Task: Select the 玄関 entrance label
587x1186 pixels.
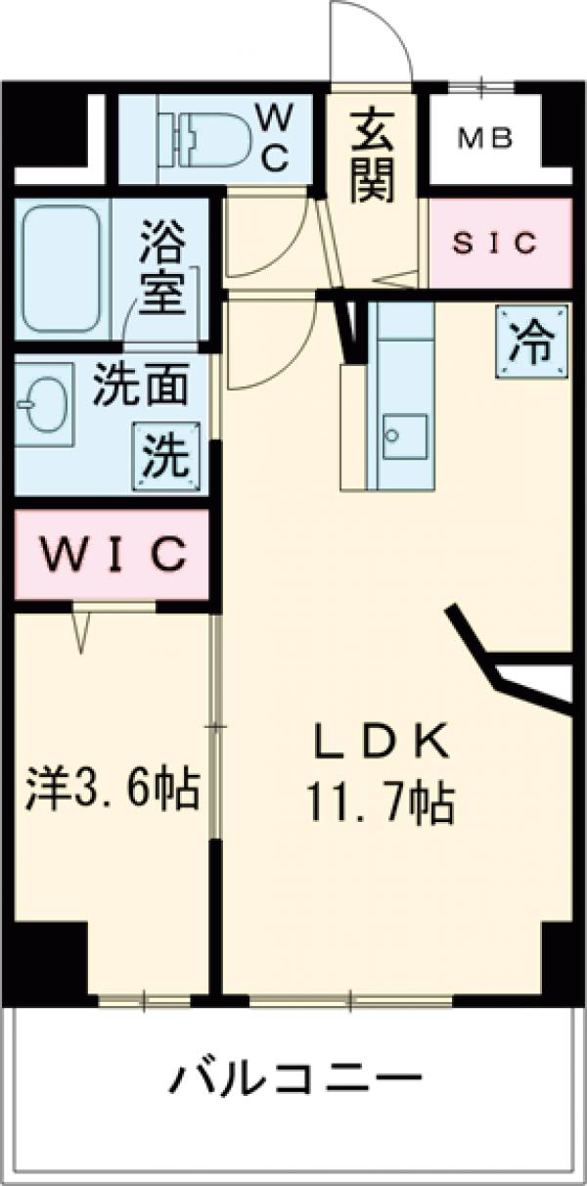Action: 373,158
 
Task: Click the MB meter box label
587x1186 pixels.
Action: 486,140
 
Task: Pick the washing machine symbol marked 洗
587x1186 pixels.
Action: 166,457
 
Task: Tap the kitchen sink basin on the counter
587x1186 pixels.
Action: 403,436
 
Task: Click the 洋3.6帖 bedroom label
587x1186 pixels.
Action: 113,787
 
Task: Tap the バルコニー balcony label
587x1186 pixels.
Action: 297,1079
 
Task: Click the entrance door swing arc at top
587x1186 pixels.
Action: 372,39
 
